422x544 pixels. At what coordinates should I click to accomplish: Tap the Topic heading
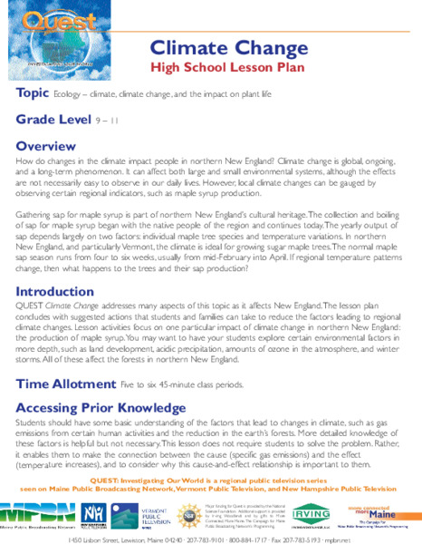[32, 94]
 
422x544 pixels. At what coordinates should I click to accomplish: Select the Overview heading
[46, 145]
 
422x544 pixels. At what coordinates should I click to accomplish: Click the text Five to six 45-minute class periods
[205, 385]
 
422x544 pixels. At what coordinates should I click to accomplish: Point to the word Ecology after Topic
[68, 95]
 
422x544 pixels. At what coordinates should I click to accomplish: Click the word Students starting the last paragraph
[34, 423]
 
